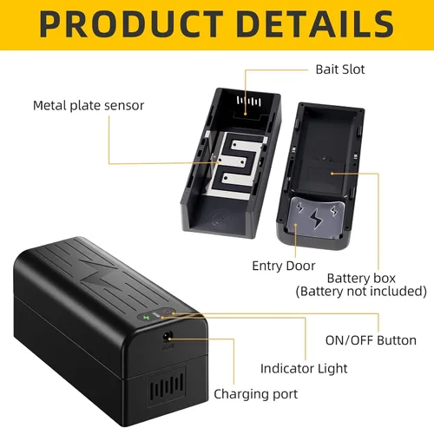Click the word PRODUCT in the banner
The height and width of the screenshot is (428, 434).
131,23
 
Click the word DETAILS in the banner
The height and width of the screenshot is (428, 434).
315,23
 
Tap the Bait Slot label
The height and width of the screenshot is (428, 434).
340,69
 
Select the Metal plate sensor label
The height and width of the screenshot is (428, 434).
89,106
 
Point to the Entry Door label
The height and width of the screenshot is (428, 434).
284,266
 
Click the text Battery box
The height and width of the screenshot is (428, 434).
361,278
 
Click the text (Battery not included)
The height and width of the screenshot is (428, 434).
361,291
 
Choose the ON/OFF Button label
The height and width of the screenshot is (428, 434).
371,340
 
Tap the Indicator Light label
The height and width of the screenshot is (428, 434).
304,368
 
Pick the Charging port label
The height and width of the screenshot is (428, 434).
256,394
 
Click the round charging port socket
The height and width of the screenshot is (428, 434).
168,337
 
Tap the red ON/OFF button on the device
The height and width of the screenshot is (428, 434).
168,312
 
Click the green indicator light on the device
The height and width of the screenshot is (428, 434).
146,318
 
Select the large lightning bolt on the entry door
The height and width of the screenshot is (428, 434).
316,218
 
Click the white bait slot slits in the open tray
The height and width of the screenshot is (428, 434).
249,102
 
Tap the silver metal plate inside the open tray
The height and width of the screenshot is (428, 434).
234,164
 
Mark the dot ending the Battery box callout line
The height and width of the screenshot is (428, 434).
332,174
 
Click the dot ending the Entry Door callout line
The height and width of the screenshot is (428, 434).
296,225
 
